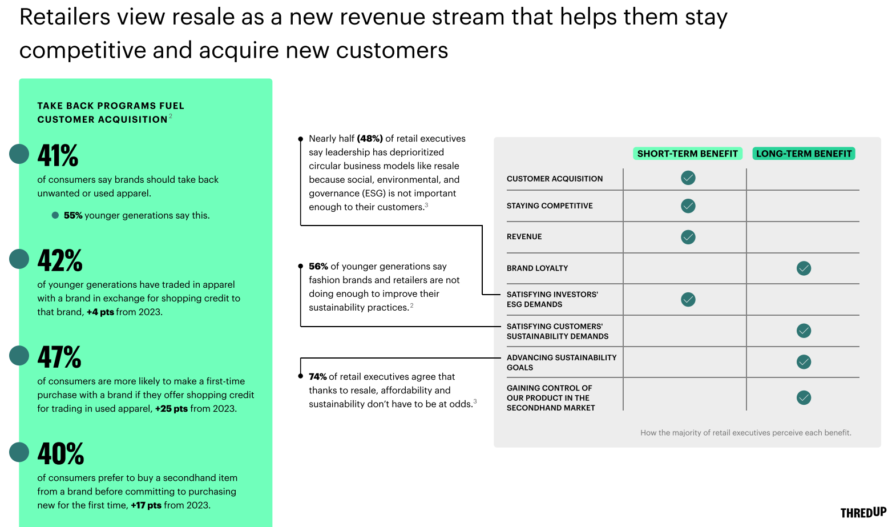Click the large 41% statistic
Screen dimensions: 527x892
click(x=58, y=155)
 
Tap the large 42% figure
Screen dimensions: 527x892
click(x=60, y=260)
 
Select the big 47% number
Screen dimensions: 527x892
click(x=59, y=357)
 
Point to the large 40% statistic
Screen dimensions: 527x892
click(x=60, y=454)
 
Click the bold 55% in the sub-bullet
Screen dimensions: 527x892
click(x=73, y=215)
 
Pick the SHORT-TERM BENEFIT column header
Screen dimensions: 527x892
click(x=687, y=154)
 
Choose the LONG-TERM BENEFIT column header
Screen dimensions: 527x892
click(x=804, y=154)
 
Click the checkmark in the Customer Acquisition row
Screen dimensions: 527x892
click(x=688, y=178)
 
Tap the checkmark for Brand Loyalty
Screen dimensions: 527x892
click(x=804, y=268)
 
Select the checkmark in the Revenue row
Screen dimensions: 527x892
click(x=688, y=237)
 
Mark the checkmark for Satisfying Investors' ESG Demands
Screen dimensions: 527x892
click(x=688, y=299)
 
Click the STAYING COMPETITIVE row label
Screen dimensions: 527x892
click(x=550, y=206)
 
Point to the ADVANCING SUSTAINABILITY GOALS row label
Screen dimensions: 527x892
click(x=561, y=363)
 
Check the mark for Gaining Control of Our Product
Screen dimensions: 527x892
click(x=804, y=397)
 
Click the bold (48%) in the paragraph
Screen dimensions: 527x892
click(x=370, y=139)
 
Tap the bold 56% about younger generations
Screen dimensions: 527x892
click(x=318, y=267)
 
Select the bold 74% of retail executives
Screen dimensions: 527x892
click(x=318, y=377)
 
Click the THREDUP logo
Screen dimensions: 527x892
click(x=863, y=512)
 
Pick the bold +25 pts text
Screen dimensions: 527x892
click(x=171, y=409)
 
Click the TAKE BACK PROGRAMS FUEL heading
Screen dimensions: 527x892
click(x=111, y=106)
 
